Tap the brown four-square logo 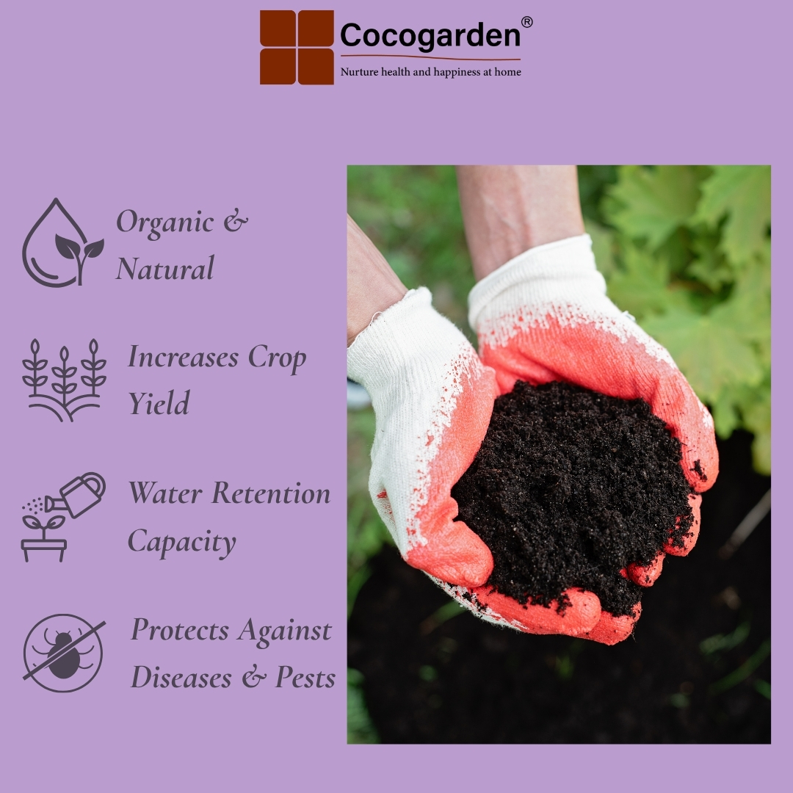pyautogui.click(x=297, y=47)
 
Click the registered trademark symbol pyautogui.click(x=526, y=22)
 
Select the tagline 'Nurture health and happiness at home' pyautogui.click(x=430, y=72)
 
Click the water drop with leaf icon pyautogui.click(x=62, y=243)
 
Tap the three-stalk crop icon pyautogui.click(x=64, y=380)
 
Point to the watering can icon pyautogui.click(x=63, y=517)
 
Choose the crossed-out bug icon pyautogui.click(x=64, y=653)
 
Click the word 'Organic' pyautogui.click(x=165, y=222)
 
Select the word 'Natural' pyautogui.click(x=165, y=269)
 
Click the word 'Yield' pyautogui.click(x=159, y=403)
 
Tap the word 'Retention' pyautogui.click(x=270, y=493)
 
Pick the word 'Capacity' pyautogui.click(x=181, y=542)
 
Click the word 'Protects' pyautogui.click(x=180, y=630)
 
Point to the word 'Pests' pyautogui.click(x=305, y=677)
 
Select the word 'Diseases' pyautogui.click(x=181, y=677)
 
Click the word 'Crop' pyautogui.click(x=277, y=358)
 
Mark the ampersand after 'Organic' pyautogui.click(x=236, y=221)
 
